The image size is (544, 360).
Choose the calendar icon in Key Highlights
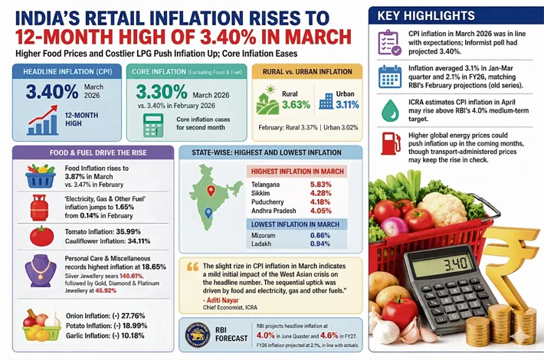pos(389,75)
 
